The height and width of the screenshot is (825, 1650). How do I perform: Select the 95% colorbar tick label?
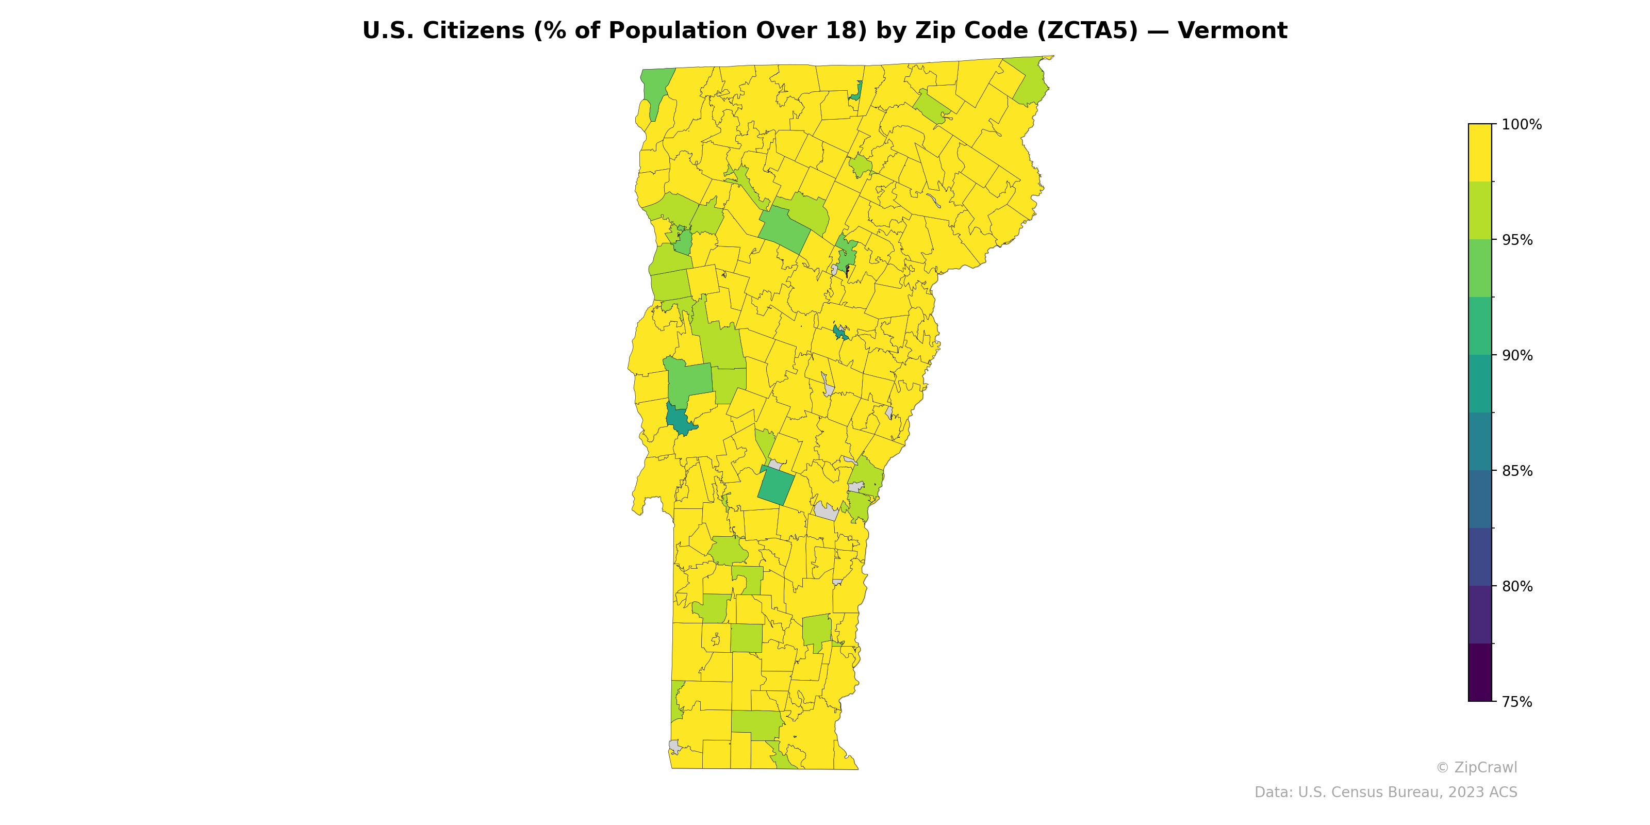coord(1517,240)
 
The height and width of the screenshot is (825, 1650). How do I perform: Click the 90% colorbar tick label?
coord(1517,355)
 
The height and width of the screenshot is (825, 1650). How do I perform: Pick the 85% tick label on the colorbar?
coord(1517,471)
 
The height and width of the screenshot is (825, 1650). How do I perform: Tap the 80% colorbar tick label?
coord(1517,586)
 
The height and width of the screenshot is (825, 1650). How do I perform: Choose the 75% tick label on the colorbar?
coord(1517,702)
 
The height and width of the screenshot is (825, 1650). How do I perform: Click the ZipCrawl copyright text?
coord(1476,767)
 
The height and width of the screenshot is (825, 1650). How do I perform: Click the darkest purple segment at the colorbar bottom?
coord(1480,672)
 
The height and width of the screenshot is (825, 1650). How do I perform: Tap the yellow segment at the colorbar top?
coord(1480,153)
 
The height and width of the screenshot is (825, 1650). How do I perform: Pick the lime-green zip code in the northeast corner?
coord(1029,80)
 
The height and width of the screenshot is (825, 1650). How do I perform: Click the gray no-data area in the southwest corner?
coord(674,746)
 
